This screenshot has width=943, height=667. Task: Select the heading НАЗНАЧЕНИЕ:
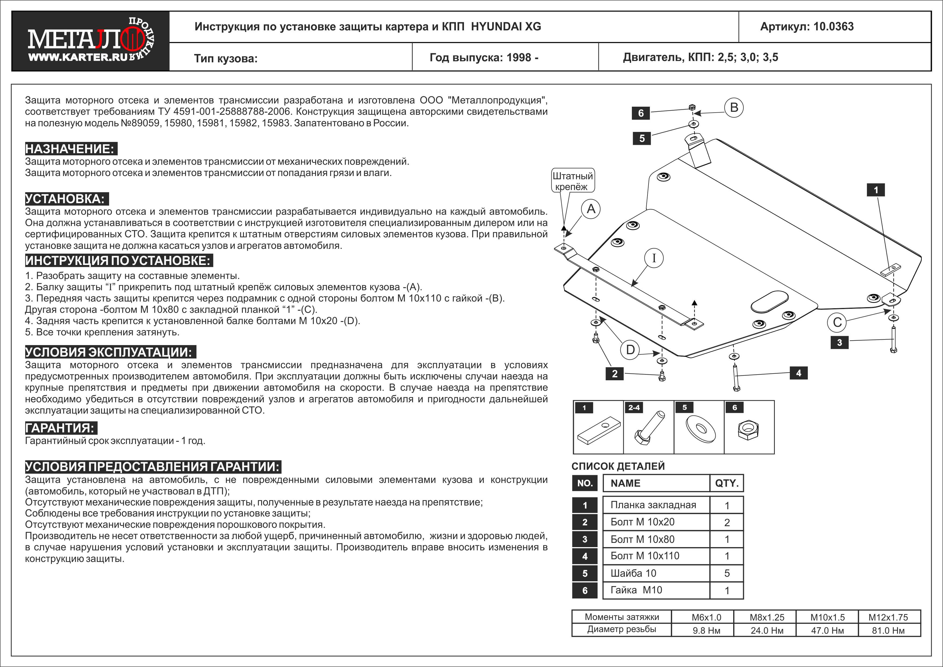point(70,149)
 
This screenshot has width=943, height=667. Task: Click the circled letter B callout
point(734,107)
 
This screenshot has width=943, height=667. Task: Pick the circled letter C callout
point(837,322)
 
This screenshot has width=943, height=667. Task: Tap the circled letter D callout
point(631,350)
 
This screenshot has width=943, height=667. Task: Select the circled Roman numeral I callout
point(654,258)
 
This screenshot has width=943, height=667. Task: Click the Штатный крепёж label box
point(573,181)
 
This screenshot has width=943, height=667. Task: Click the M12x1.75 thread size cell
point(888,617)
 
